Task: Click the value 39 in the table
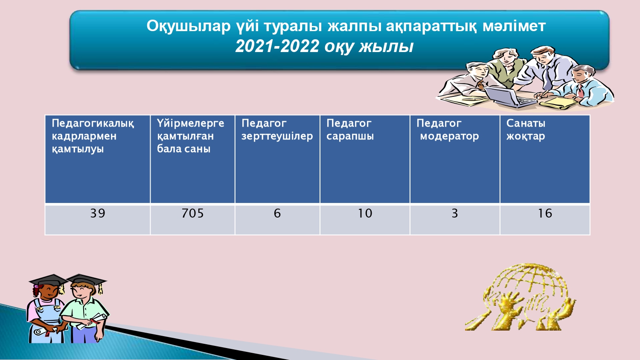(98, 213)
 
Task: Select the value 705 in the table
(192, 213)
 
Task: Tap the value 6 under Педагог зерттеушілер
(277, 213)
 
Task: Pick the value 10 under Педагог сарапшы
(365, 213)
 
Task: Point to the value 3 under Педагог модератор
(454, 213)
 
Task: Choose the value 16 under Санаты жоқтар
(545, 213)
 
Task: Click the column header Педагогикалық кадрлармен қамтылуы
(93, 136)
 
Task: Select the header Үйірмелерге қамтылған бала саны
(190, 136)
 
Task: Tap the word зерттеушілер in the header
(277, 136)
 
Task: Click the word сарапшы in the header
(350, 136)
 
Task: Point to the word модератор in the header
(449, 136)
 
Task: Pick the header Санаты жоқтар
(526, 130)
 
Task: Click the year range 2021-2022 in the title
(277, 46)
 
